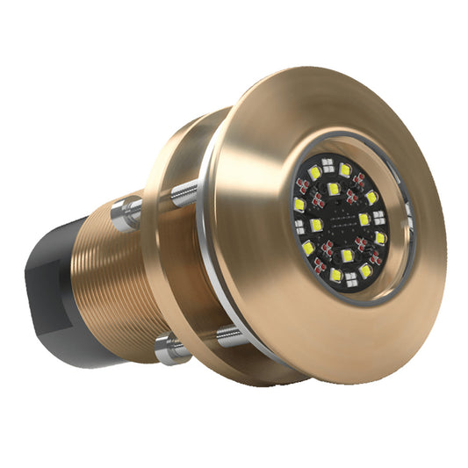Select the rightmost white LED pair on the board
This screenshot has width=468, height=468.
click(x=379, y=216)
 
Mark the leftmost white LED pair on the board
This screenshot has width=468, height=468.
click(x=299, y=227)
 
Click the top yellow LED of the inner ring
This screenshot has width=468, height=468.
click(x=334, y=189)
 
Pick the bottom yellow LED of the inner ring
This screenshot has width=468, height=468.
click(x=348, y=256)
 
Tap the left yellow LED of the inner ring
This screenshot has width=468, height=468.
click(x=316, y=225)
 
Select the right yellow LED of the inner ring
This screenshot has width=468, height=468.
click(x=364, y=218)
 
